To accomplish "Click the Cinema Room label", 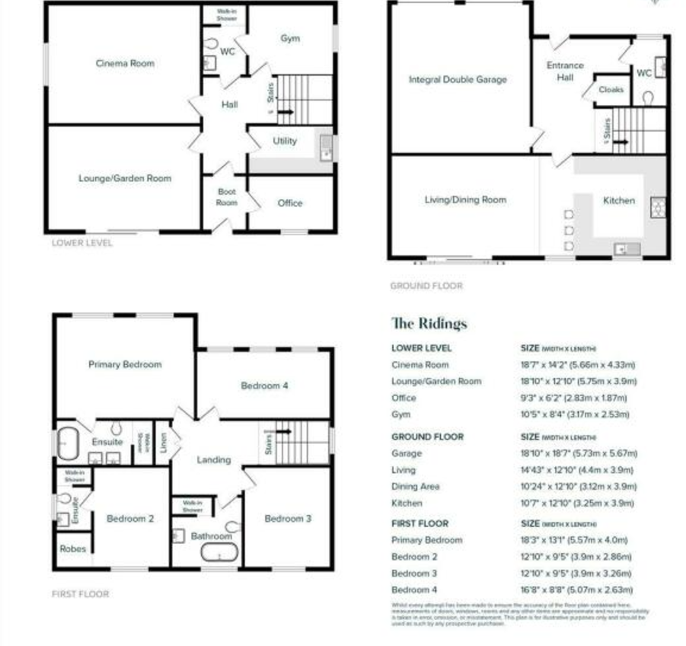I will pos(125,63).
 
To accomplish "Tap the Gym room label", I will pos(290,37).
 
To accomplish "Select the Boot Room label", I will pos(227,197).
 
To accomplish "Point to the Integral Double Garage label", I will pos(458,79).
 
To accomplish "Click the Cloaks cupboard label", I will pos(611,89).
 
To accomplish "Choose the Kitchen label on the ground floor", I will pos(618,200).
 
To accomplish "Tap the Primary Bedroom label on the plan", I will pos(125,364).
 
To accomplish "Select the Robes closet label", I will pos(73,548).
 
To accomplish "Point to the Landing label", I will pos(213,459).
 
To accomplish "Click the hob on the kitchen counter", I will pos(657,206).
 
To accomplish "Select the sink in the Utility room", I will pos(326,146).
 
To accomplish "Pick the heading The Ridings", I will pos(429,323).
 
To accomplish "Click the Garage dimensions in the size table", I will pos(577,453).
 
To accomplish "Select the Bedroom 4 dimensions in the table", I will pos(576,590).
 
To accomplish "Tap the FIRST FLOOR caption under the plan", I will pos(80,593).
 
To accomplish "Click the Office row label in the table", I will pos(404,398).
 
